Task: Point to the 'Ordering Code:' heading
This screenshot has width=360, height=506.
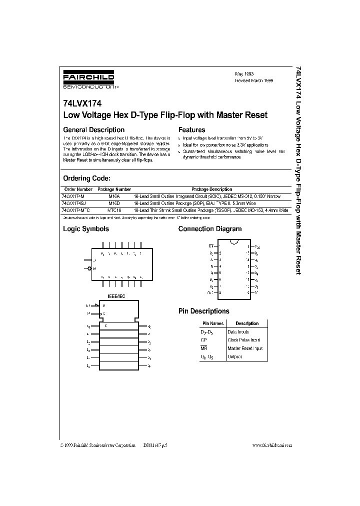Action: click(x=86, y=178)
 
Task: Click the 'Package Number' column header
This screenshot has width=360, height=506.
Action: click(x=114, y=190)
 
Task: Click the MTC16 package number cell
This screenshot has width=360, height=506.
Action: click(x=114, y=211)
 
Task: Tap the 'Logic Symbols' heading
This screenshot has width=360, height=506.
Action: click(x=85, y=229)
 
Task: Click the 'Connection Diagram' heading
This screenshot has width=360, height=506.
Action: click(x=210, y=229)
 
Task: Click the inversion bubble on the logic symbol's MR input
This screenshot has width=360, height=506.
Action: click(x=89, y=268)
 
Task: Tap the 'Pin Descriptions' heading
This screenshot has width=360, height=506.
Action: click(x=204, y=311)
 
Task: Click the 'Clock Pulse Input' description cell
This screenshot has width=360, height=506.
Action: click(x=244, y=340)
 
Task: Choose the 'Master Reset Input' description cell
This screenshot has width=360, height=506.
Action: click(x=245, y=348)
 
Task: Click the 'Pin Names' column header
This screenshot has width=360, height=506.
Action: click(x=213, y=323)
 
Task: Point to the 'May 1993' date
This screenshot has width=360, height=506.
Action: click(x=244, y=73)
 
